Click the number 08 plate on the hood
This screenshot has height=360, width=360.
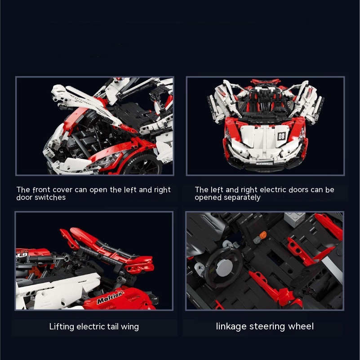[x=281, y=136]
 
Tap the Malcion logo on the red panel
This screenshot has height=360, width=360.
[x=110, y=297]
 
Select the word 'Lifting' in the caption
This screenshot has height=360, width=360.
[x=62, y=327]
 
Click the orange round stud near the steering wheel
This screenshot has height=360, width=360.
[x=263, y=234]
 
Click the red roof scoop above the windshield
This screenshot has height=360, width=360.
[x=266, y=81]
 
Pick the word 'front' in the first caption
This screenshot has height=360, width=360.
[x=41, y=190]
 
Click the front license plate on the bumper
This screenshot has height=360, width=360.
[x=264, y=163]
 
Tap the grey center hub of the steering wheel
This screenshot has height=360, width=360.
[x=222, y=268]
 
